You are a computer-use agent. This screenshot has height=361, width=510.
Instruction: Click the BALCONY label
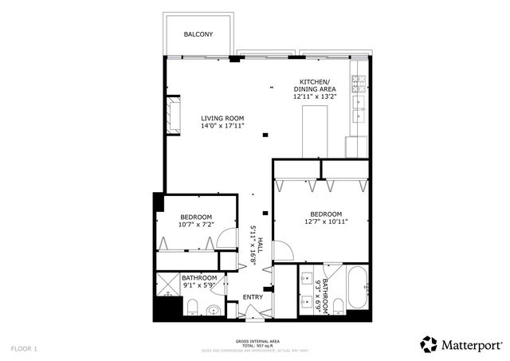pos(198,34)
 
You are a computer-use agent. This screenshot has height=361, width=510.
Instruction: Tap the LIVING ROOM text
pos(222,118)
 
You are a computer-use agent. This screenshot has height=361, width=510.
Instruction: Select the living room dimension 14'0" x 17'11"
pos(222,126)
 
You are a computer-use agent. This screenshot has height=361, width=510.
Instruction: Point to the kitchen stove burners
pos(359,80)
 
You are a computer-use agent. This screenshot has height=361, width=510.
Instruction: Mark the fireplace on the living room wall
pos(173,114)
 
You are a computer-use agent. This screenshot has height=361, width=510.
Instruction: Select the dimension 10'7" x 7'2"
pos(195,225)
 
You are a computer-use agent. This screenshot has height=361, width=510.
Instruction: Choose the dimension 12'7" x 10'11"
pos(326,222)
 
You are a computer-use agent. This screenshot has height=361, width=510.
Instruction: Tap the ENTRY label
pos(253,297)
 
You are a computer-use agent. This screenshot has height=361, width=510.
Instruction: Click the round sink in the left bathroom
pos(213,310)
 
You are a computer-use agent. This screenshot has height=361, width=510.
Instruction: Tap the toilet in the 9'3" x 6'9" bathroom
pos(338,307)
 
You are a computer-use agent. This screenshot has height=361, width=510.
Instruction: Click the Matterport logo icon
pos(430,344)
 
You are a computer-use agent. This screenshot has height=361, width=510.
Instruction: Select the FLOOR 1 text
pos(24,348)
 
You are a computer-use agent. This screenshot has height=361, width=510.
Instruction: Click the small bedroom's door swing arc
pos(226,237)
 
